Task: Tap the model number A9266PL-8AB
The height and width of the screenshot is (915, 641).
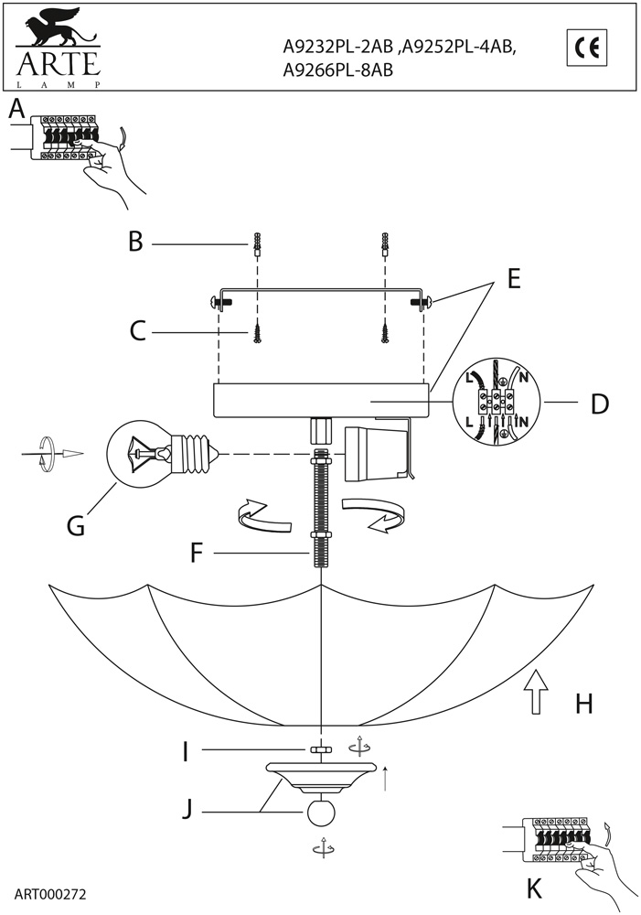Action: click(x=338, y=70)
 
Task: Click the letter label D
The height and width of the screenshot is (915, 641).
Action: click(x=599, y=404)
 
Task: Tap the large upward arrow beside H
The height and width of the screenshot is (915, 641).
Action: click(x=537, y=697)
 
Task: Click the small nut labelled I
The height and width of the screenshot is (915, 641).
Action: click(x=320, y=750)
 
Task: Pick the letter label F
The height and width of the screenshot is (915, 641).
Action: click(x=196, y=553)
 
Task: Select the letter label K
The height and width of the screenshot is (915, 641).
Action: click(x=535, y=888)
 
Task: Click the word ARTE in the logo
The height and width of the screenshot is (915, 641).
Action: click(x=57, y=64)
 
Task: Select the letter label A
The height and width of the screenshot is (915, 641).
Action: click(x=16, y=110)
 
